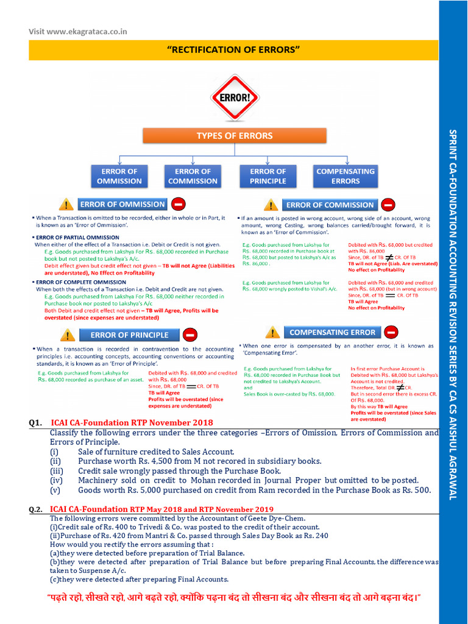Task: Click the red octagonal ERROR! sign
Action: [234, 97]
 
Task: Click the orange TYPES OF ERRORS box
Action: [234, 136]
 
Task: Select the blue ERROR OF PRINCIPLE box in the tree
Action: [268, 176]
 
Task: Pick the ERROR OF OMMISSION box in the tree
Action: [119, 176]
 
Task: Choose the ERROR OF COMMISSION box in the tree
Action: [193, 176]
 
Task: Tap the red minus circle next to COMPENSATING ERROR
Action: [392, 332]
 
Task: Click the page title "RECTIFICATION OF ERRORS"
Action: [233, 49]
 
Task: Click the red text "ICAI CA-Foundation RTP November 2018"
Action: [132, 423]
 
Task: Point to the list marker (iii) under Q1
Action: [57, 471]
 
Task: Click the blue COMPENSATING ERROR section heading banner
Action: [332, 332]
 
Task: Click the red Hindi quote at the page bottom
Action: [233, 598]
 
